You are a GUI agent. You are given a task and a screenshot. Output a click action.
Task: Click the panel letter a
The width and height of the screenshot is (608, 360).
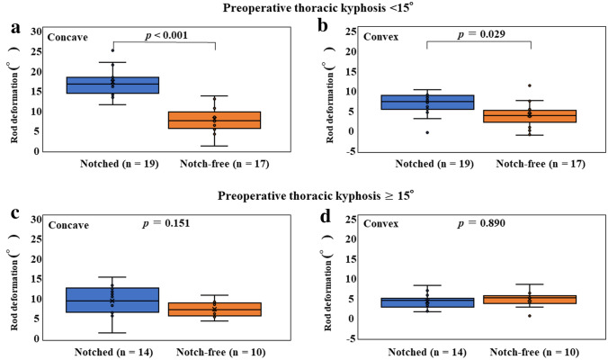14,29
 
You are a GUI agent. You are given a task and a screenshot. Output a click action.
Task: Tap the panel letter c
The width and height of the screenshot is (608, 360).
14,216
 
